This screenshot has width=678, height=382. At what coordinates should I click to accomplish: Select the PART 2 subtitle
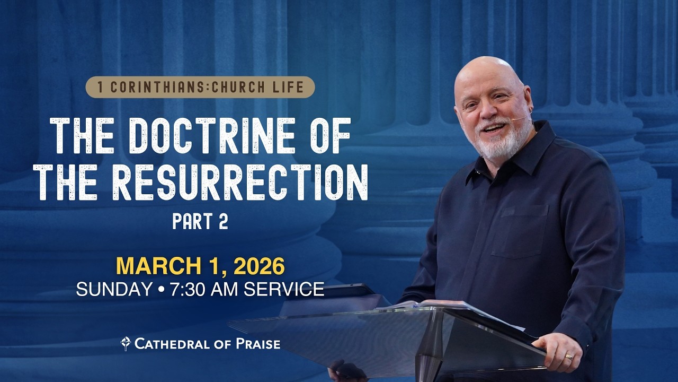point(200,221)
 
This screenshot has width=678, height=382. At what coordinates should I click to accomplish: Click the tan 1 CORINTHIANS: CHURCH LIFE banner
point(200,88)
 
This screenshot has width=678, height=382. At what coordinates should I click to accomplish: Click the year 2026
point(259,266)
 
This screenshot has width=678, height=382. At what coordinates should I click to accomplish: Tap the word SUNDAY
point(114,290)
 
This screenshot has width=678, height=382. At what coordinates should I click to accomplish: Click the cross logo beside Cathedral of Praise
point(126,344)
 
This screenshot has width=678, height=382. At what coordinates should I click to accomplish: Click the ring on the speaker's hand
point(568,357)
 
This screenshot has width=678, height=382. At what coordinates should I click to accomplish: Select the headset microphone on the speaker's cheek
point(522,118)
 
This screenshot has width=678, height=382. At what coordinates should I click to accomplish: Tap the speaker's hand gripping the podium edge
point(559,350)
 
